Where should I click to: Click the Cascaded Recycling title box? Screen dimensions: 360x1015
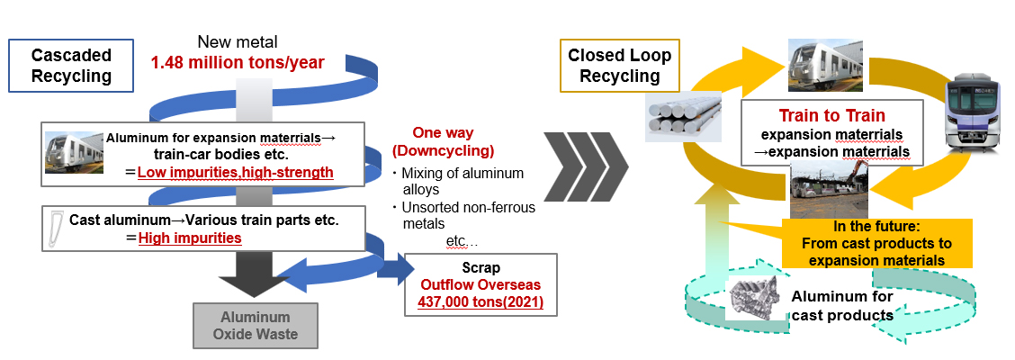coord(72,66)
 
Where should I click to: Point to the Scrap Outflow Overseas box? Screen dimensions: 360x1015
coord(481,285)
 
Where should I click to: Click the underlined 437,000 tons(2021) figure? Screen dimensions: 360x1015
coord(481,301)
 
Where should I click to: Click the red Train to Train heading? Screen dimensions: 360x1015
coord(833,115)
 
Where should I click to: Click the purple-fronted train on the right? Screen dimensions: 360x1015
coord(975,117)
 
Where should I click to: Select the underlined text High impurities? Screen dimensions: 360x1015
coord(192,238)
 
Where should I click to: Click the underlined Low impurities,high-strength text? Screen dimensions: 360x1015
coord(235,171)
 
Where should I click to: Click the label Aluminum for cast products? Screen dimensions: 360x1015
coord(842,306)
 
